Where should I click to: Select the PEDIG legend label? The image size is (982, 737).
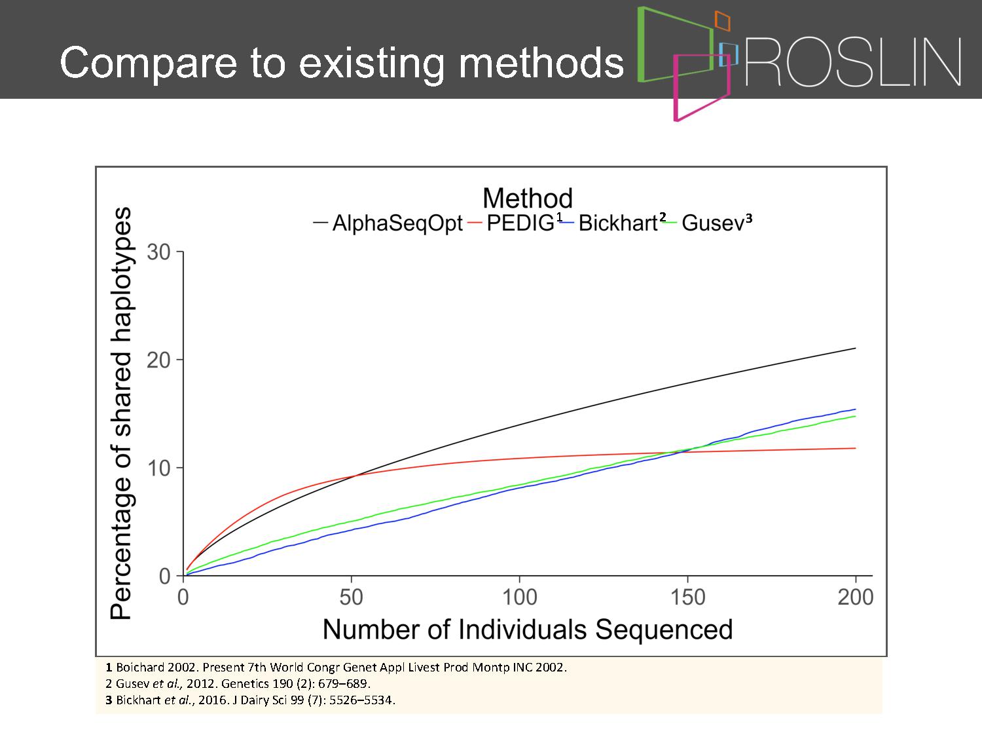click(520, 222)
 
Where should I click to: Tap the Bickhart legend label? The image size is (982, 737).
click(618, 222)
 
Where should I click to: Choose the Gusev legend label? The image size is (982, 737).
click(713, 223)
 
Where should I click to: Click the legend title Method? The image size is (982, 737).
click(528, 198)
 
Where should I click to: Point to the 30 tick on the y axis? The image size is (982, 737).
click(158, 252)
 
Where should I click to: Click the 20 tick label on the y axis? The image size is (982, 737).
click(158, 360)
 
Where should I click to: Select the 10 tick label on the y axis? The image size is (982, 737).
click(158, 468)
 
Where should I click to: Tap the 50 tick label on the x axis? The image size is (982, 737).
click(351, 597)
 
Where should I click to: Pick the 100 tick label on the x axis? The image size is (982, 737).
click(519, 597)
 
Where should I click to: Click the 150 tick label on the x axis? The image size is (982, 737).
click(687, 597)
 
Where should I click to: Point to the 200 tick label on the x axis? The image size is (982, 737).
click(856, 597)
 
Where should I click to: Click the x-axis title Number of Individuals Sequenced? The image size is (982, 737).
click(528, 630)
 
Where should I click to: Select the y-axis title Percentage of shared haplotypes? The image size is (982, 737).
click(121, 413)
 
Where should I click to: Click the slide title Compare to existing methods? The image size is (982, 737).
click(341, 63)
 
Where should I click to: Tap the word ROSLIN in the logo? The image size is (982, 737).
click(853, 62)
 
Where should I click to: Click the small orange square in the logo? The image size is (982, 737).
click(722, 21)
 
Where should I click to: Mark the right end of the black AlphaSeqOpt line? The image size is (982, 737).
click(856, 348)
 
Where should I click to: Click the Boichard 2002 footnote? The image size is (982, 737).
click(336, 667)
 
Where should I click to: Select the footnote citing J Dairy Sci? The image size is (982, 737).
click(251, 700)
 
